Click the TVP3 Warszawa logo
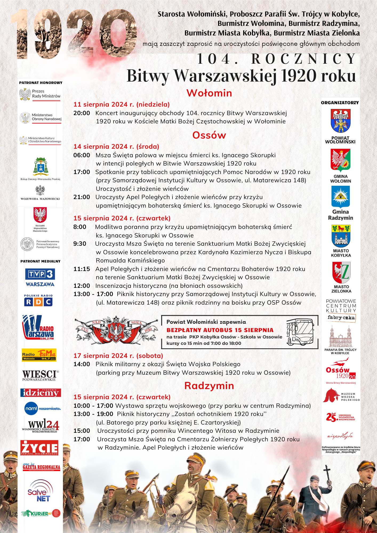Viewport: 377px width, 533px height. coord(40,277)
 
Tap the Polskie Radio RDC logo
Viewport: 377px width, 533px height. coord(38,300)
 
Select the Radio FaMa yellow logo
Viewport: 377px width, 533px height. coord(39,355)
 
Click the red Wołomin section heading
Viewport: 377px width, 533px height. coord(209,93)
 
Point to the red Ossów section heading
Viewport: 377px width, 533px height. coord(209,135)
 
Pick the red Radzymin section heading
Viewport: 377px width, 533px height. coord(209,386)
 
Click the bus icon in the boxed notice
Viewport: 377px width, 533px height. coord(300,332)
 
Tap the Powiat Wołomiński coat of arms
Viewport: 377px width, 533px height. coord(340,121)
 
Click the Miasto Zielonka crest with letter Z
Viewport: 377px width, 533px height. coord(341,273)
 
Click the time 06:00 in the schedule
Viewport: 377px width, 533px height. coord(82,155)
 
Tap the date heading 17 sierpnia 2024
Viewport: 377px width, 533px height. coord(118,356)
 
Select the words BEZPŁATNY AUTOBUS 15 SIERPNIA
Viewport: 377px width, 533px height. coord(220,330)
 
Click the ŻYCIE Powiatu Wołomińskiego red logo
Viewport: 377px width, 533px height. coord(39,448)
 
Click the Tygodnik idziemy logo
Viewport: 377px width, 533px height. coord(41,393)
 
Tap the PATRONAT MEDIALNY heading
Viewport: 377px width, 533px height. coord(41,261)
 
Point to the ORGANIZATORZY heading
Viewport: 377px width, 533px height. coord(340,103)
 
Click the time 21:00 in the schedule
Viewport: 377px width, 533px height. coord(82,197)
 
